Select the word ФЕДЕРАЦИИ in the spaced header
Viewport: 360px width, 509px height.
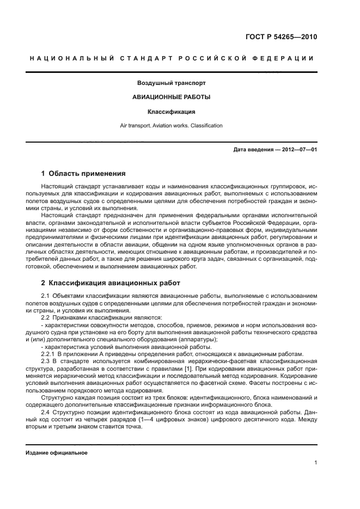[x=289, y=58]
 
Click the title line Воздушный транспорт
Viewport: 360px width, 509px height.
[x=171, y=83]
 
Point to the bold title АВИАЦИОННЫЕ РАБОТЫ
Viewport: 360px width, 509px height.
[x=171, y=97]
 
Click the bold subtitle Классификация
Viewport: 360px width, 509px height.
[x=171, y=112]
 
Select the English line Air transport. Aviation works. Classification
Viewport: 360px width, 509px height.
[x=171, y=126]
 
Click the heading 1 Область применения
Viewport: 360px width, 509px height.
[x=83, y=174]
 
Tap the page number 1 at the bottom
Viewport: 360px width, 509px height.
[x=315, y=463]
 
